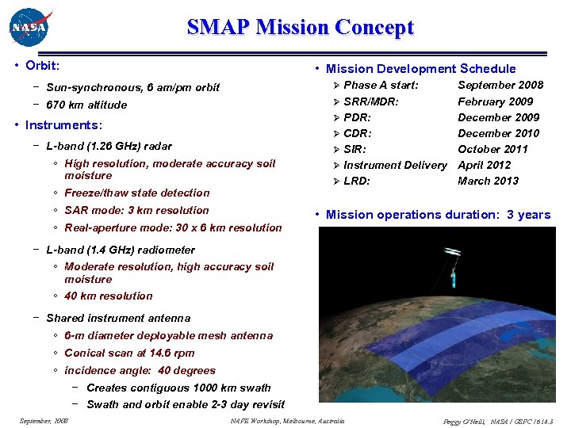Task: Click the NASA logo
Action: click(29, 28)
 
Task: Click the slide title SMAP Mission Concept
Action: click(300, 28)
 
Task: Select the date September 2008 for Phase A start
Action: click(500, 85)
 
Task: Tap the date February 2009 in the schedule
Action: click(496, 101)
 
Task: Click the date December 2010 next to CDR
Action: click(498, 133)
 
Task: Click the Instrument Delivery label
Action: click(395, 165)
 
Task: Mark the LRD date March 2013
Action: click(488, 181)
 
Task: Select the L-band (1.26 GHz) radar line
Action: click(109, 146)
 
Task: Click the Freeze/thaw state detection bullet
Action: click(137, 193)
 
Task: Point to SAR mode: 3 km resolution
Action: click(136, 210)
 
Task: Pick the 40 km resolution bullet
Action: click(108, 296)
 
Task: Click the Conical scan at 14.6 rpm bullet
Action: click(129, 353)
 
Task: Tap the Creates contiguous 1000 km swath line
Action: click(178, 388)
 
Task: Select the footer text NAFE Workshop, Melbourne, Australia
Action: click(287, 421)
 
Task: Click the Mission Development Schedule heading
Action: click(420, 69)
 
